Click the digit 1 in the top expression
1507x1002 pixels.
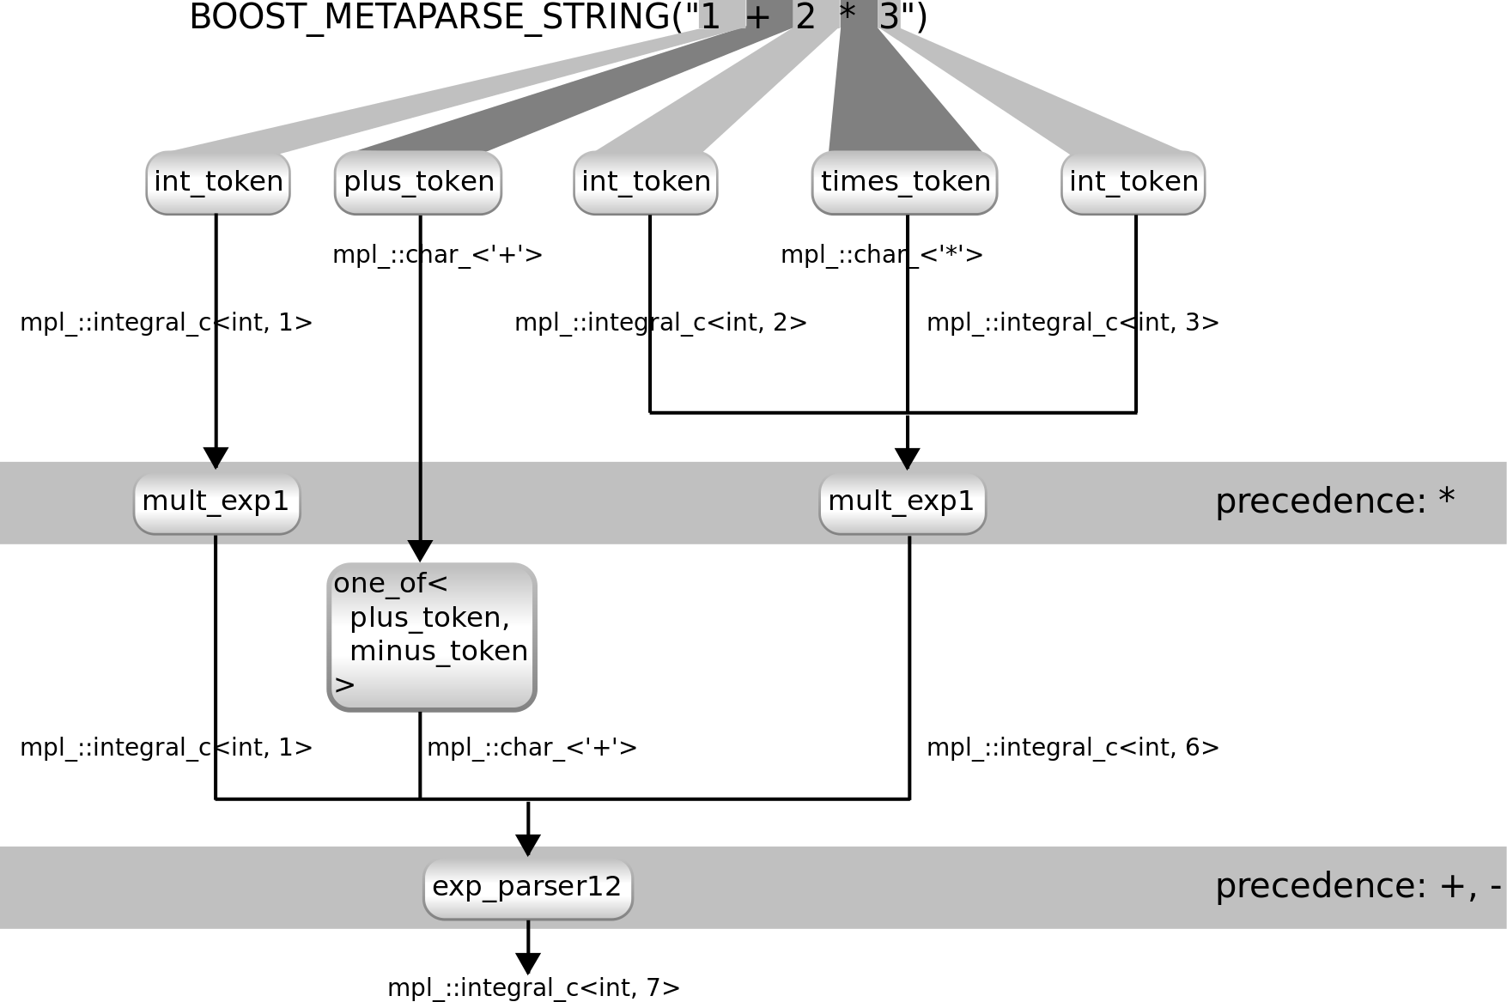tap(710, 16)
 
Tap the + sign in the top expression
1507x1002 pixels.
tap(758, 16)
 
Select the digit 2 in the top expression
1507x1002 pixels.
tap(805, 16)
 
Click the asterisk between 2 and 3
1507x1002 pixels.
tap(847, 15)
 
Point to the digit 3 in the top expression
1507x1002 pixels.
tap(890, 16)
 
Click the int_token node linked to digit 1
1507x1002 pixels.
tap(218, 182)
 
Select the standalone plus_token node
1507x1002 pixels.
tap(418, 182)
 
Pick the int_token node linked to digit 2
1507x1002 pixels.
tap(646, 182)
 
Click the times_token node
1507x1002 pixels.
tap(905, 182)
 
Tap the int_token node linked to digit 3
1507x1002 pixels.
tap(1133, 182)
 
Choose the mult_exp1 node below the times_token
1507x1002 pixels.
tap(902, 501)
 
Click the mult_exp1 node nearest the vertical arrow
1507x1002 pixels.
tap(216, 501)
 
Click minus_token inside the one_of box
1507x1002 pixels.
tap(439, 651)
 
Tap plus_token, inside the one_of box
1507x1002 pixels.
tap(429, 617)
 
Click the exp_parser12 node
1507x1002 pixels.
tap(527, 887)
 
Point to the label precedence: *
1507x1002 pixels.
tap(1334, 501)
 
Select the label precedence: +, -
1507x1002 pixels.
tap(1357, 887)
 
